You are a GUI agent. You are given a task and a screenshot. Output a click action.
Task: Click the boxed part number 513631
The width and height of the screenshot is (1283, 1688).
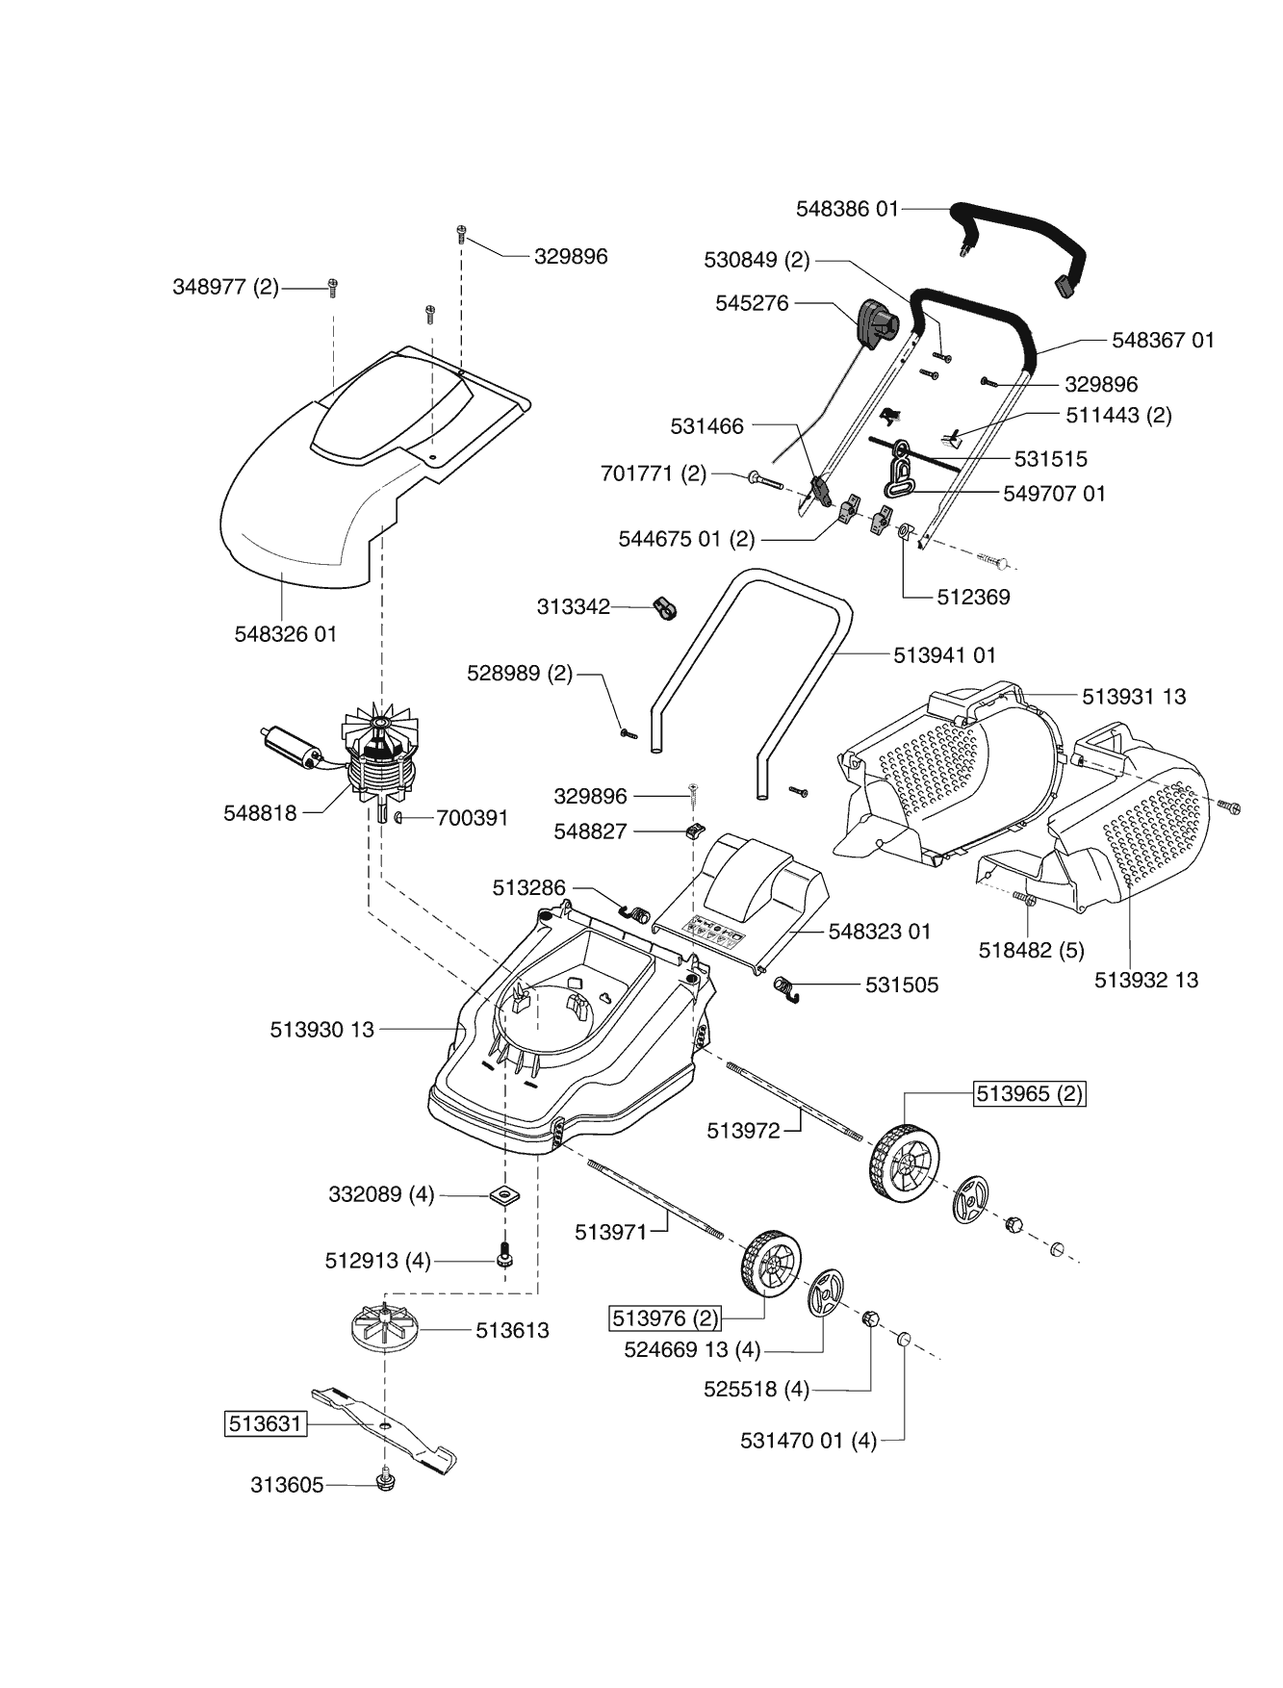(x=265, y=1423)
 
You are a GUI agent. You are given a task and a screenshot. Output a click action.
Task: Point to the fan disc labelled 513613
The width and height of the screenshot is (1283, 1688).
(x=384, y=1328)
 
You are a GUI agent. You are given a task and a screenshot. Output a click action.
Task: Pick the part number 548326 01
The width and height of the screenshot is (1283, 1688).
(x=286, y=634)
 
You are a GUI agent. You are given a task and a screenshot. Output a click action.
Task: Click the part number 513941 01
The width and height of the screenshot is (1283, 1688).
(x=944, y=654)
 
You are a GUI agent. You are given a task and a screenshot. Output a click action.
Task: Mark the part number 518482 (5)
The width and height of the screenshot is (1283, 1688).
(x=1031, y=950)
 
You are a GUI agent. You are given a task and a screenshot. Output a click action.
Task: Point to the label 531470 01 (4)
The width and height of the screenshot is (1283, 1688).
(x=808, y=1441)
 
